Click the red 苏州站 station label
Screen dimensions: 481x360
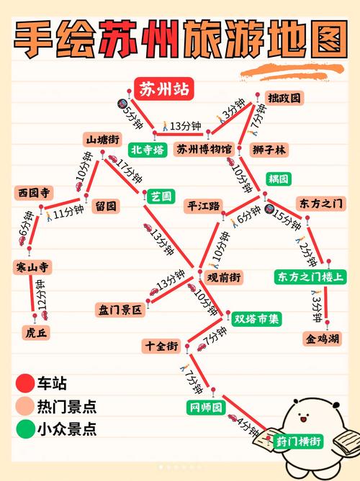point(163,90)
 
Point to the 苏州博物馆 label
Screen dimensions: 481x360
point(204,149)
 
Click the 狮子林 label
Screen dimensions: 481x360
point(270,149)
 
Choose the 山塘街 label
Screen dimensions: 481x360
point(103,139)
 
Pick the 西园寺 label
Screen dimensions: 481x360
point(34,193)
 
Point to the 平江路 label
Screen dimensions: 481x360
point(204,204)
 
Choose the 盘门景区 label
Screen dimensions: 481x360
point(122,310)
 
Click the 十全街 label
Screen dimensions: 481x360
point(161,346)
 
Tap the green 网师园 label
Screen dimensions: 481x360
point(207,408)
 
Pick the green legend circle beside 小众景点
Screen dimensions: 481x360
point(26,430)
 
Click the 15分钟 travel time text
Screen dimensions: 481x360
point(290,215)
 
